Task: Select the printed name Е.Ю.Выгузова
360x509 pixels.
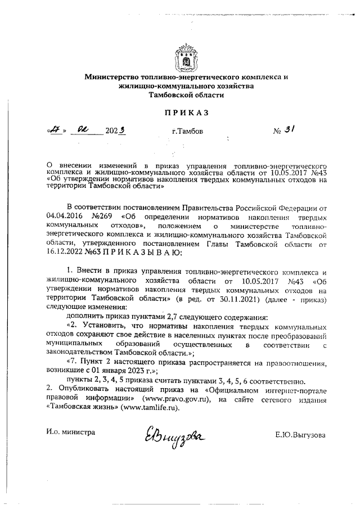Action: point(300,435)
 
